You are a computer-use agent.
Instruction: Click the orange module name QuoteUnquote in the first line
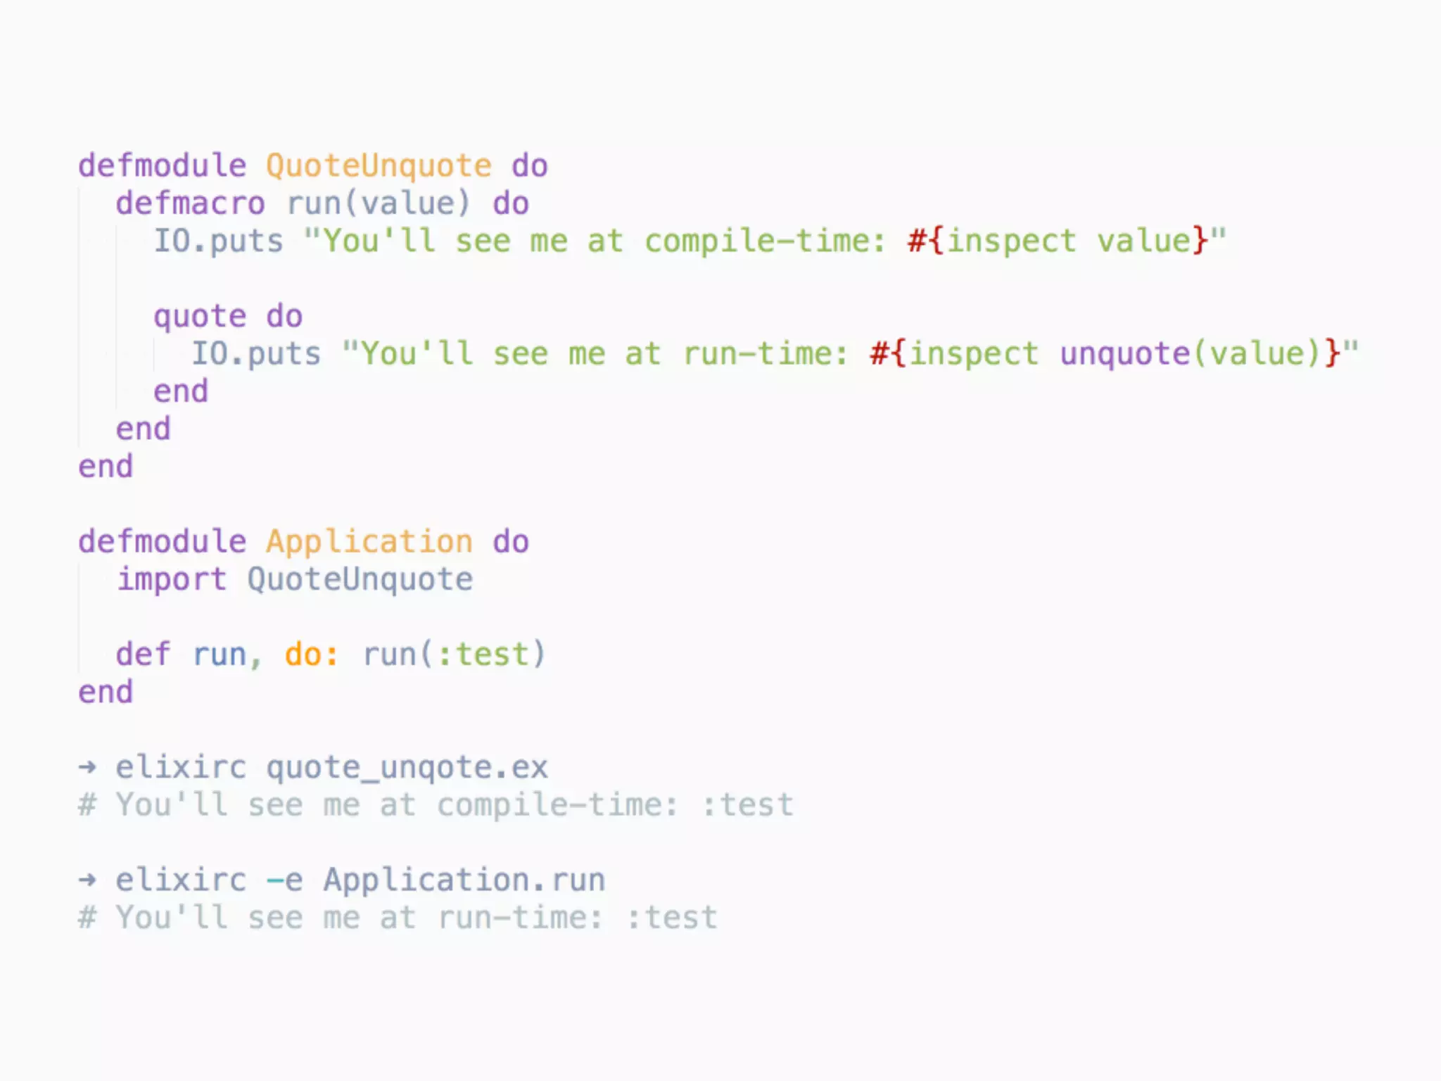tap(379, 166)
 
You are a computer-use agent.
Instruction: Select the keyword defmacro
tap(190, 204)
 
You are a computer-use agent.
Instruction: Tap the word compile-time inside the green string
tap(758, 241)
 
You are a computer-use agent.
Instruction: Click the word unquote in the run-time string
tap(1124, 354)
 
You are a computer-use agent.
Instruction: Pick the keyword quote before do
tap(200, 317)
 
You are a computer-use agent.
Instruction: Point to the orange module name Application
tap(369, 542)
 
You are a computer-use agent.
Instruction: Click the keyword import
tap(172, 580)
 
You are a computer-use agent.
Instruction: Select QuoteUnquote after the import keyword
tap(360, 580)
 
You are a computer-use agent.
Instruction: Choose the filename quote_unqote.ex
tap(407, 768)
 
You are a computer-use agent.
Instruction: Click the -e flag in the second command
tap(284, 880)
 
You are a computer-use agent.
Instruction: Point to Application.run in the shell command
tap(464, 880)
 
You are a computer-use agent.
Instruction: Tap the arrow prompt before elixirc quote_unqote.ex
tap(87, 767)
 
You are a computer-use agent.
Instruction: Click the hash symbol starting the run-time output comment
tap(87, 918)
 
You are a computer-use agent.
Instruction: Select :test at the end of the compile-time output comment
tap(747, 805)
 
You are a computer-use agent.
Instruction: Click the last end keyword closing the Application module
tap(106, 693)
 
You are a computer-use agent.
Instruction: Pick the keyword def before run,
tap(143, 655)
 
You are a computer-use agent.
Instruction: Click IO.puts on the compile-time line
tap(218, 241)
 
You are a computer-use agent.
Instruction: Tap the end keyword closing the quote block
tap(181, 392)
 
